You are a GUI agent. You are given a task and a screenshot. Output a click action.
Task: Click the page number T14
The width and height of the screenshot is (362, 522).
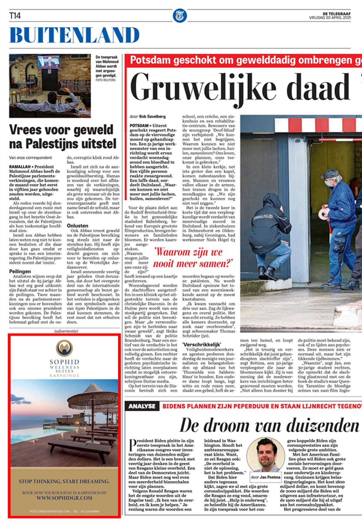[15, 16]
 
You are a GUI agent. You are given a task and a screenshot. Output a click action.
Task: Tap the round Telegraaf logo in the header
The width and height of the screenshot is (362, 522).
[180, 16]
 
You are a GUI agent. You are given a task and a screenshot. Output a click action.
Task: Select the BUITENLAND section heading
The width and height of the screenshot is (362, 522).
[74, 35]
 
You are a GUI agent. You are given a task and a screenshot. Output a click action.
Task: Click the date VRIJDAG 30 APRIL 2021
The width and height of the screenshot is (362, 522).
[330, 18]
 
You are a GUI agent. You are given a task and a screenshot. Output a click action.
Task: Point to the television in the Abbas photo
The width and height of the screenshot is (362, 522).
[49, 62]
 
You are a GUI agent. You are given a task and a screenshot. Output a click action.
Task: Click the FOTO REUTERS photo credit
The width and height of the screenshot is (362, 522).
[105, 80]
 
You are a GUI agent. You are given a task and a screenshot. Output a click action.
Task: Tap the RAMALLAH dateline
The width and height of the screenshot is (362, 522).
[20, 167]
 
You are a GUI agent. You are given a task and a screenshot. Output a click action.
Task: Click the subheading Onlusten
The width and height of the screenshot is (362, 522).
[78, 226]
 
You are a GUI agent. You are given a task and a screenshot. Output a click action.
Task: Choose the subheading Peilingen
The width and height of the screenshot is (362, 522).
[20, 271]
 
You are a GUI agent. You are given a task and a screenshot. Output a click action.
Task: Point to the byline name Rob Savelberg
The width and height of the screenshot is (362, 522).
[152, 116]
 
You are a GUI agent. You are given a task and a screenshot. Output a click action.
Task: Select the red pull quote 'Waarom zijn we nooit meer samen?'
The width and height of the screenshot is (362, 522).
[193, 258]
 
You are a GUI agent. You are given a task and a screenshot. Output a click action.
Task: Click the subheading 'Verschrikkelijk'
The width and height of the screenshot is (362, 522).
[202, 344]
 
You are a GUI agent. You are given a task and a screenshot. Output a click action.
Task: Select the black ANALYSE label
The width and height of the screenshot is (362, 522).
[142, 406]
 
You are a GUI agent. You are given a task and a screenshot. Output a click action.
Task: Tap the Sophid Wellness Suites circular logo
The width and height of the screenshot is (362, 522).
[64, 348]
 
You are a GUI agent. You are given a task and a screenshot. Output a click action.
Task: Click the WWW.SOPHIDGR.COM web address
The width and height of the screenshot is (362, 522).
[64, 498]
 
